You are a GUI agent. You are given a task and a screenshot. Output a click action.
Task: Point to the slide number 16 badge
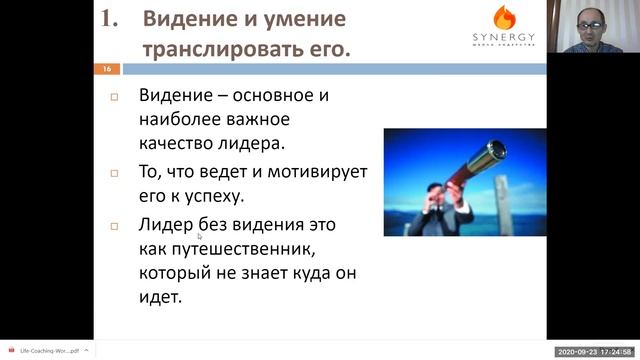coord(105,69)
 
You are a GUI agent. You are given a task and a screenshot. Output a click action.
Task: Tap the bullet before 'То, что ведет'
coord(114,173)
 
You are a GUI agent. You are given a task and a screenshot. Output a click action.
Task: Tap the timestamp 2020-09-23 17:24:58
coord(596,351)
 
